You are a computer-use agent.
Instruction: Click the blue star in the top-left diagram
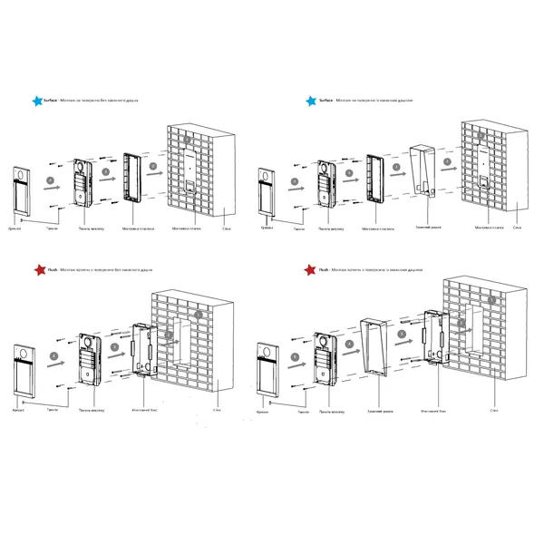[36, 102]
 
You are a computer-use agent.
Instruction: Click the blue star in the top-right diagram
[311, 102]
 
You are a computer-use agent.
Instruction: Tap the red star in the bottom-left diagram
[37, 269]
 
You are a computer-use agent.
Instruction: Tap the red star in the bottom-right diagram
[311, 269]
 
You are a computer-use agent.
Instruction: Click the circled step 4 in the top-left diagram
[50, 181]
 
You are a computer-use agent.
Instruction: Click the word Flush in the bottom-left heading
[53, 269]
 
